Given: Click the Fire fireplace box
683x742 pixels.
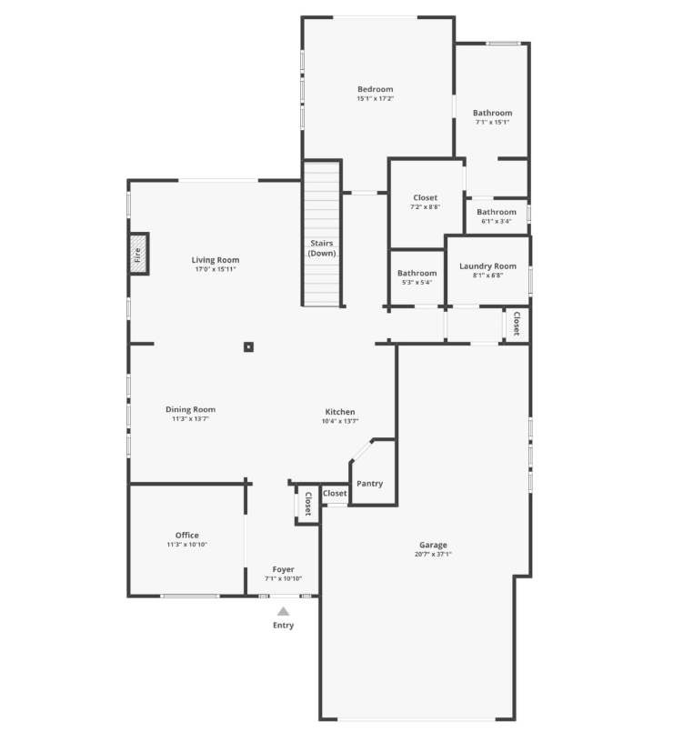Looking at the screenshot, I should click(x=138, y=255).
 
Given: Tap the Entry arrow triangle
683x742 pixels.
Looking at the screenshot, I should click(x=283, y=612).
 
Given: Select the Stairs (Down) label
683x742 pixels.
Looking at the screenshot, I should click(x=322, y=248).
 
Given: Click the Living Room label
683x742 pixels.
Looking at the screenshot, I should click(x=216, y=260).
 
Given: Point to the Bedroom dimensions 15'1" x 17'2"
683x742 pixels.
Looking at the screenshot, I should click(x=375, y=98).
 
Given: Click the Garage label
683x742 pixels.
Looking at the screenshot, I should click(x=433, y=545).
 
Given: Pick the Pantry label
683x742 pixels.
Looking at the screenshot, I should click(x=369, y=484).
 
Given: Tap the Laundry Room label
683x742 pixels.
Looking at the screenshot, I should click(x=487, y=266).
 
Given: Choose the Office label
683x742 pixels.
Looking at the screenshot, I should click(x=187, y=535).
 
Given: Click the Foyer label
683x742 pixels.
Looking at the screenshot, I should click(x=283, y=569).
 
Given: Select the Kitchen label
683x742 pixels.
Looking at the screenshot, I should click(x=340, y=412).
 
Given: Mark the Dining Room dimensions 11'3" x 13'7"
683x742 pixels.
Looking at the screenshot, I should click(x=190, y=419).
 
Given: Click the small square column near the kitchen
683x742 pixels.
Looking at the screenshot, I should click(x=248, y=346).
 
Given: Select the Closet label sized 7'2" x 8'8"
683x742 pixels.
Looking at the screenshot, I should click(x=425, y=197).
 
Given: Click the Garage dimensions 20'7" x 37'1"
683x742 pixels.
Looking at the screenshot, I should click(x=433, y=555).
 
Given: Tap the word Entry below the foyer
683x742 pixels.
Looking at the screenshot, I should click(x=283, y=626).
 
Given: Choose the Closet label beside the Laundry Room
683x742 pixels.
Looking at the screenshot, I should click(x=516, y=324).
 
